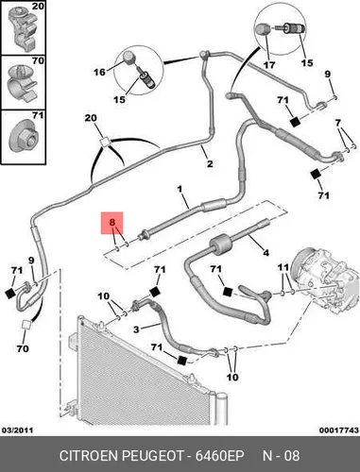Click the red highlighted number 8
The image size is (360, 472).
[x=112, y=223]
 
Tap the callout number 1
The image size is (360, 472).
[x=180, y=189]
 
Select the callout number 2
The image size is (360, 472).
[x=210, y=163]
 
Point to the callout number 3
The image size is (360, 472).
[x=136, y=329]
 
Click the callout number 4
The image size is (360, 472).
[x=266, y=252]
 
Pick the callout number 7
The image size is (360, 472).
[x=338, y=123]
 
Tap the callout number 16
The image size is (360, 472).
[x=99, y=72]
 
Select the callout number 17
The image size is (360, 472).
[x=269, y=65]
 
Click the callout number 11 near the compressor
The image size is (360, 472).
[x=283, y=267]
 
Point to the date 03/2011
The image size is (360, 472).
[x=18, y=430]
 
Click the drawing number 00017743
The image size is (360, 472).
[x=339, y=430]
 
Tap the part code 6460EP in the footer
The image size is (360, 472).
[x=220, y=456]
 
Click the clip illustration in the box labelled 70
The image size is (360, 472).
[x=22, y=83]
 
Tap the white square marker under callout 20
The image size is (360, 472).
[x=105, y=143]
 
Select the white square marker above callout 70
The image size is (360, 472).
[x=26, y=325]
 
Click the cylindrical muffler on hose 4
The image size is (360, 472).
[x=219, y=244]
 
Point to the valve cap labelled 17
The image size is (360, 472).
[x=262, y=30]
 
